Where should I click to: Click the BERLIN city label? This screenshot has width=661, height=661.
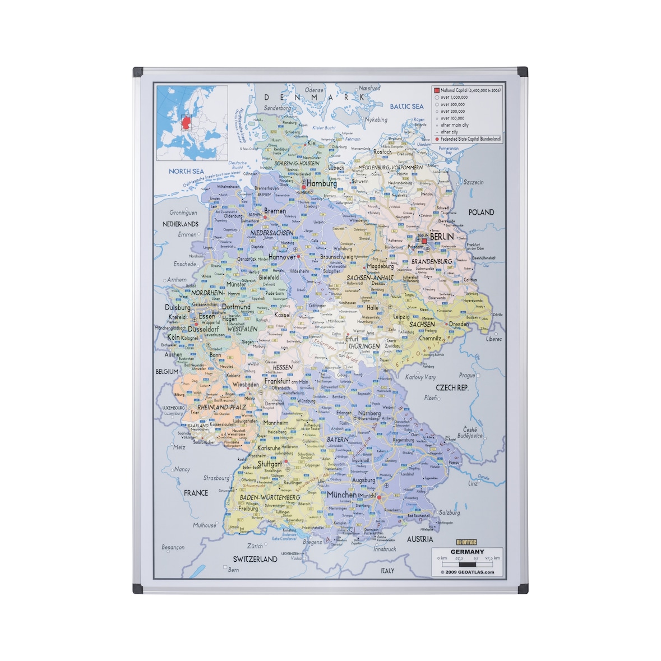442,237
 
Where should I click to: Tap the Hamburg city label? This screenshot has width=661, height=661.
322,183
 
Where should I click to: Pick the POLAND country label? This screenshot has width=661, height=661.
481,212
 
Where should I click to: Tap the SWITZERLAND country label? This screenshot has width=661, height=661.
255,559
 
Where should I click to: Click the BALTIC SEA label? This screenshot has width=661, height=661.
406,106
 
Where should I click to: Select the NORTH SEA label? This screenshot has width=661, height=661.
187,171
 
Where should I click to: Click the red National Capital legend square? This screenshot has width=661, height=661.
437,90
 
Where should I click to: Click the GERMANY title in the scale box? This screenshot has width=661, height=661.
467,552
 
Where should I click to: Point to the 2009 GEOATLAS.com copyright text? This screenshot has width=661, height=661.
467,572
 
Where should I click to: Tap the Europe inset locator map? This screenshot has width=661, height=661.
192,123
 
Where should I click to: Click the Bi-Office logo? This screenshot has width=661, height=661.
466,542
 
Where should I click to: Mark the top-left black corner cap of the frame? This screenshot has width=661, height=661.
137,72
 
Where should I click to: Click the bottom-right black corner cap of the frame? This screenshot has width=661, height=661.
523,589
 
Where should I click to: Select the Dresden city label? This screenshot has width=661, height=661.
459,324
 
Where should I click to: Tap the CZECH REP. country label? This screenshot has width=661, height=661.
452,387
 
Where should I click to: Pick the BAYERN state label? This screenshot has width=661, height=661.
338,440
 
